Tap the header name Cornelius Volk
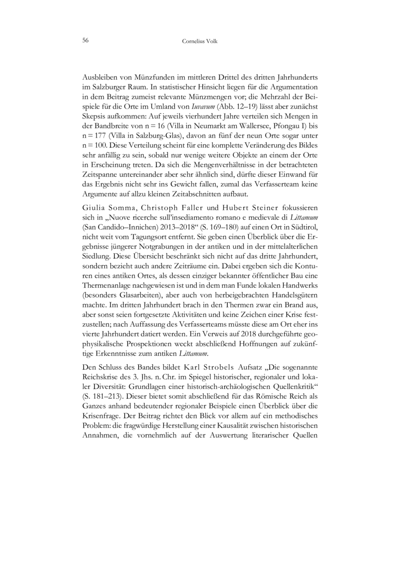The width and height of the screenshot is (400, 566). point(200,40)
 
